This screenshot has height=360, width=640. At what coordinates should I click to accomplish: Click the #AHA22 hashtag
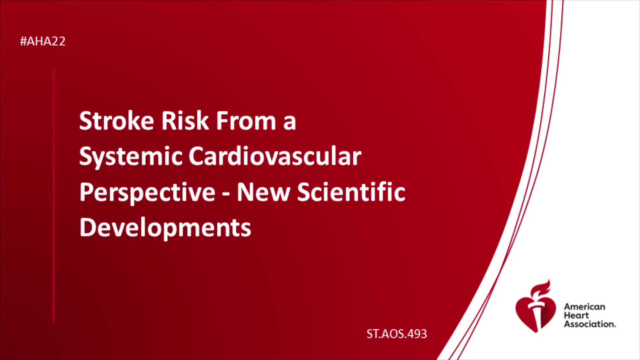point(43,41)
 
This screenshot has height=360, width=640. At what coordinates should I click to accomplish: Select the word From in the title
point(246,121)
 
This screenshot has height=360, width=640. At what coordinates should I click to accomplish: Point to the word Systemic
point(131,157)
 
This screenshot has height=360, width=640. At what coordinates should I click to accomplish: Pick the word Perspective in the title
point(147,193)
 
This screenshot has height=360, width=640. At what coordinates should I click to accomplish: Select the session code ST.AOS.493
point(397,334)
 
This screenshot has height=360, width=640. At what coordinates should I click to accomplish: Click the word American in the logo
point(585,307)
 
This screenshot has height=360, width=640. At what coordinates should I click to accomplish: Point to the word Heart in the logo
point(576,315)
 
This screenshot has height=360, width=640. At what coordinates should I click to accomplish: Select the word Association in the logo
point(590,324)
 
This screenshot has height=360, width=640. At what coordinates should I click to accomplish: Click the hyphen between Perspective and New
point(226,193)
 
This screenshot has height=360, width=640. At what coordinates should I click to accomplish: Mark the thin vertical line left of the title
point(54,195)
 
